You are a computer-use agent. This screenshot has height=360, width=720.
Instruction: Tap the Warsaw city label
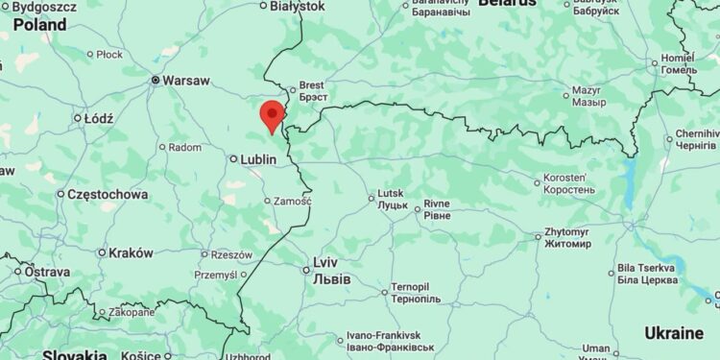pyautogui.click(x=186, y=81)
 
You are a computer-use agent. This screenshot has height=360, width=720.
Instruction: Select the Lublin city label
pyautogui.click(x=257, y=158)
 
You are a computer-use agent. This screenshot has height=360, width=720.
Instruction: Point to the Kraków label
pyautogui.click(x=131, y=252)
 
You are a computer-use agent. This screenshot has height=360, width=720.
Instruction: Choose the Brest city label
pyautogui.click(x=313, y=91)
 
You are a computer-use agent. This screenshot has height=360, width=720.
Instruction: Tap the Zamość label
pyautogui.click(x=292, y=201)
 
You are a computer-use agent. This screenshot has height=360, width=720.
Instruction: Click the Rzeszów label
pyautogui.click(x=231, y=254)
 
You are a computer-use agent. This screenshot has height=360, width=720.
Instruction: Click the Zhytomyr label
pyautogui.click(x=566, y=238)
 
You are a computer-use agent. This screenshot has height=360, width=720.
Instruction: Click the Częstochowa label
pyautogui.click(x=108, y=194)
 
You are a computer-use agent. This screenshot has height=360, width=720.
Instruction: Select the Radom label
pyautogui.click(x=185, y=148)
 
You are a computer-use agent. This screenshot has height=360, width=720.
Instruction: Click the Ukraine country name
pyautogui.click(x=673, y=333)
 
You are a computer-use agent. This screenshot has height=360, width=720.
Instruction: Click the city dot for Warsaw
pyautogui.click(x=156, y=81)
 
